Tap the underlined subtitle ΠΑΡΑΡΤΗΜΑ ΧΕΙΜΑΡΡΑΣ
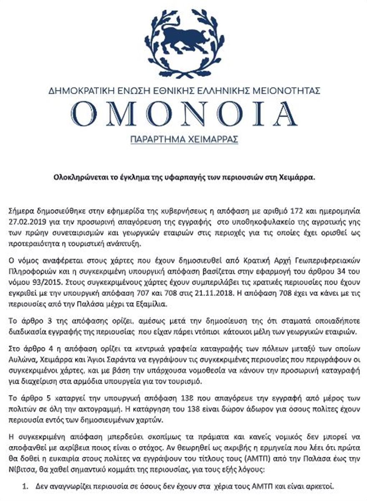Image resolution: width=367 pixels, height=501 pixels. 183,139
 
